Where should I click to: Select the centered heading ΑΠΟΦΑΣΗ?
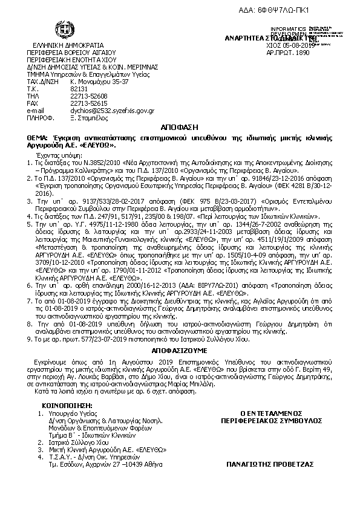[x=180, y=129]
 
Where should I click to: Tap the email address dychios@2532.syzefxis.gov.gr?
[x=112, y=111]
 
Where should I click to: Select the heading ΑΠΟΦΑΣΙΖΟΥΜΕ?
[x=180, y=349]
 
